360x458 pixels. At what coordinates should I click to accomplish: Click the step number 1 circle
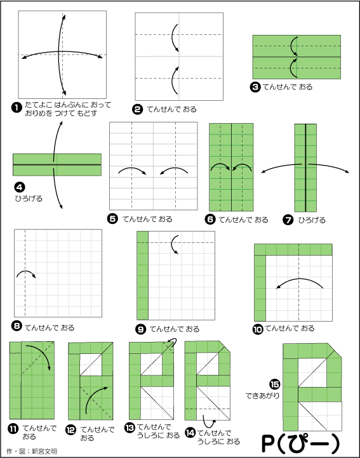tap(17, 108)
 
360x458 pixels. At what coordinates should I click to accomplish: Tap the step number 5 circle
tap(112, 219)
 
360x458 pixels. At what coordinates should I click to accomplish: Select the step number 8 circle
tap(17, 326)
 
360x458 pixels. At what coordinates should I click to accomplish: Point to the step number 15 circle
tap(275, 384)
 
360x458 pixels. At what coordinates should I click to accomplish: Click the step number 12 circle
tap(70, 430)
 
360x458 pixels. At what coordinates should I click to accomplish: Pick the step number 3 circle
tap(255, 87)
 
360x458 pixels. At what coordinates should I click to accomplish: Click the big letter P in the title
tap(268, 444)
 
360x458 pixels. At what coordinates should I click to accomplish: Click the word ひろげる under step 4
tap(29, 199)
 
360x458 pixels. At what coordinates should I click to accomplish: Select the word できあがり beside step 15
tap(262, 396)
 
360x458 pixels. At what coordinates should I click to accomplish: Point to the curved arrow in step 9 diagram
tap(173, 244)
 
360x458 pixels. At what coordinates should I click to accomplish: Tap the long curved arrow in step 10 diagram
tap(299, 280)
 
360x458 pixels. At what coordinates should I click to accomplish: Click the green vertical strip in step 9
tap(142, 275)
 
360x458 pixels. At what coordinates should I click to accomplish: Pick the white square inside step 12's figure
tap(91, 365)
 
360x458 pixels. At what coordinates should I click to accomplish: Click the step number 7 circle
tap(288, 219)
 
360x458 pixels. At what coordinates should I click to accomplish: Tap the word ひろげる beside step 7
tap(312, 220)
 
